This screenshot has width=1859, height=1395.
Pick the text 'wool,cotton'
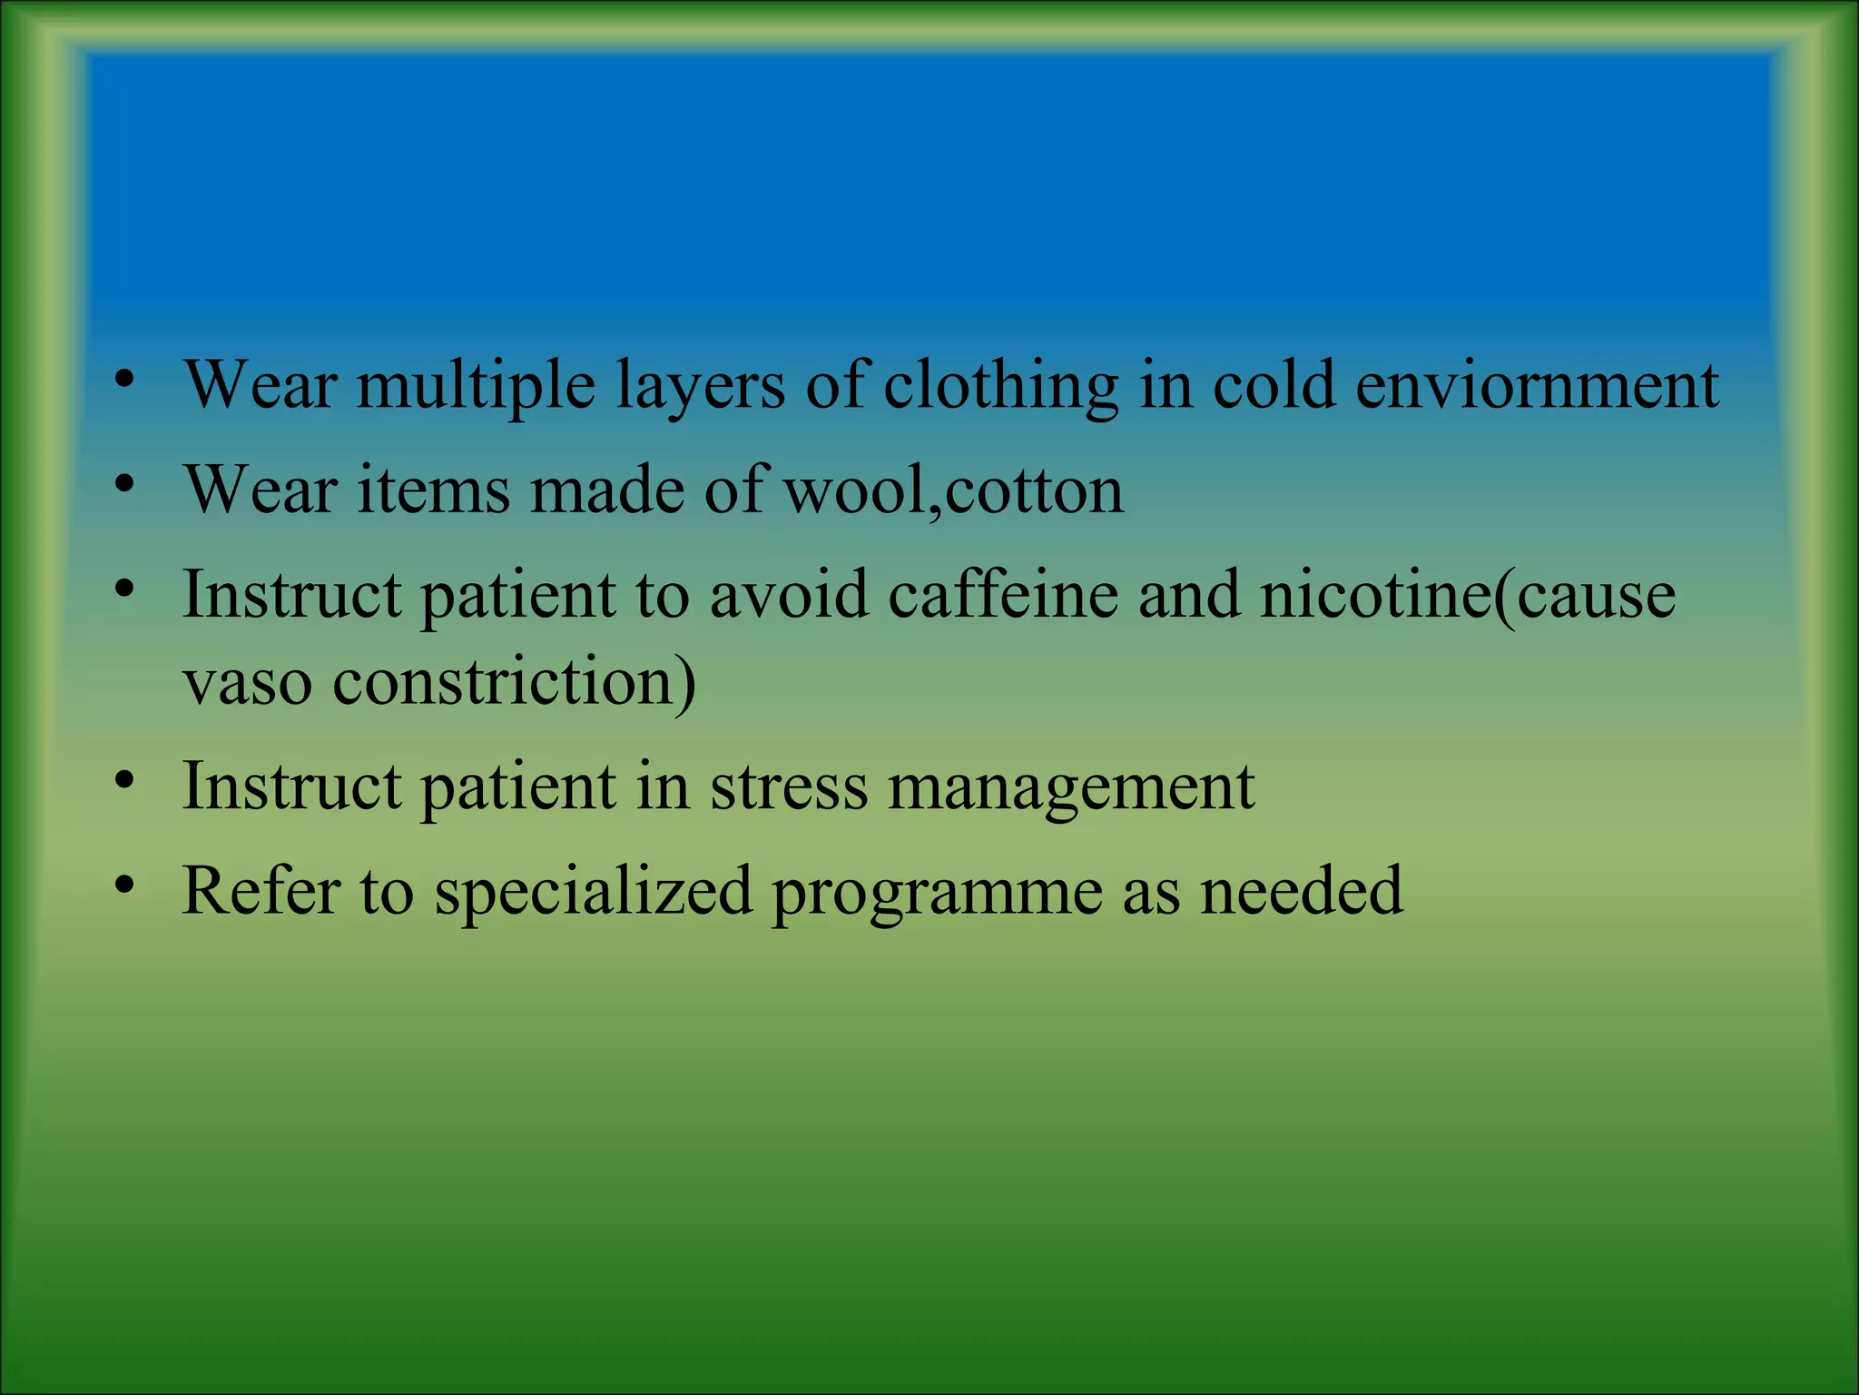pos(954,490)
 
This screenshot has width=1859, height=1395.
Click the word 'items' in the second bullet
pos(434,490)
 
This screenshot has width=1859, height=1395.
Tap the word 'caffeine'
pos(1003,595)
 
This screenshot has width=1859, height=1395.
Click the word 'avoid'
pos(789,595)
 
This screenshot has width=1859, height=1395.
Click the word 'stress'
pos(789,786)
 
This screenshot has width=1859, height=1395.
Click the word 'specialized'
pos(594,892)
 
